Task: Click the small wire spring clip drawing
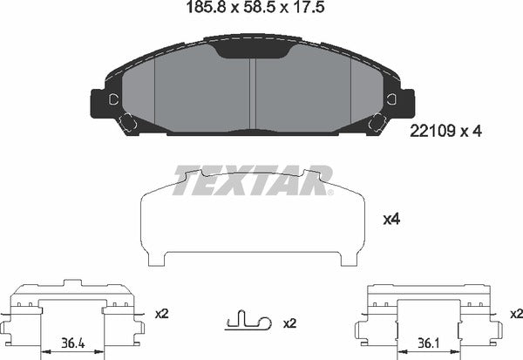point(246,323)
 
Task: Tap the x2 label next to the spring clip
point(290,323)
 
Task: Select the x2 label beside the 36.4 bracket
point(160,312)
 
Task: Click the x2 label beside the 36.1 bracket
point(515,312)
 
